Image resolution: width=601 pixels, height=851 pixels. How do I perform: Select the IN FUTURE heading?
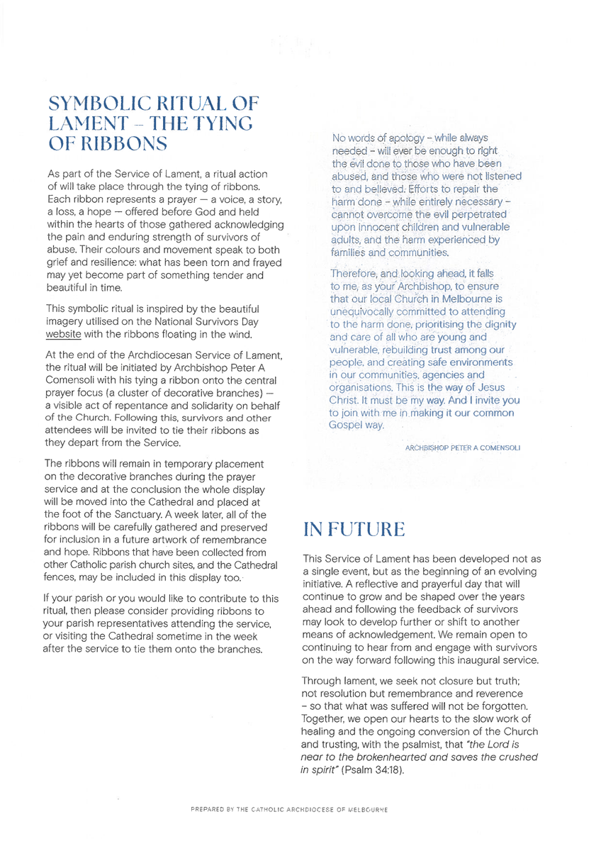coord(354,529)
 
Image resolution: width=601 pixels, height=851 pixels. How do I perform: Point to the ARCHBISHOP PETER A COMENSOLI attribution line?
coord(462,448)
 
